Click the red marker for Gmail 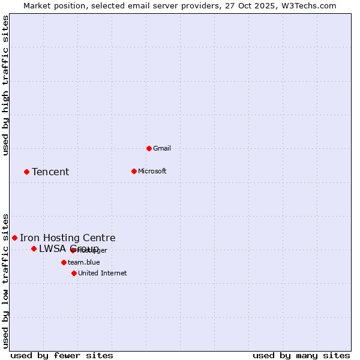coord(149,148)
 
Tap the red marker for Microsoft coord(134,171)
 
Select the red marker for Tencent coord(26,172)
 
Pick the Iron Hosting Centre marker coord(14,238)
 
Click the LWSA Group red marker coord(34,248)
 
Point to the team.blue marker coord(64,262)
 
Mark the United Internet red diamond coord(74,273)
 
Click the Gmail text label coord(162,148)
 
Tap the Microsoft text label coord(152,171)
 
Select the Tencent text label coord(50,172)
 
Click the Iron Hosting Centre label coord(68,238)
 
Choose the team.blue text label coord(84,262)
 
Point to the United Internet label coord(103,273)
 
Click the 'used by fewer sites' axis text coord(62,356)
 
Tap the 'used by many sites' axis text coord(301,356)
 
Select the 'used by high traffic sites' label coord(5,85)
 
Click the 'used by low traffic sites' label coord(5,281)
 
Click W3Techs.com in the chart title coord(307,5)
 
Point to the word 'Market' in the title coord(37,5)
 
